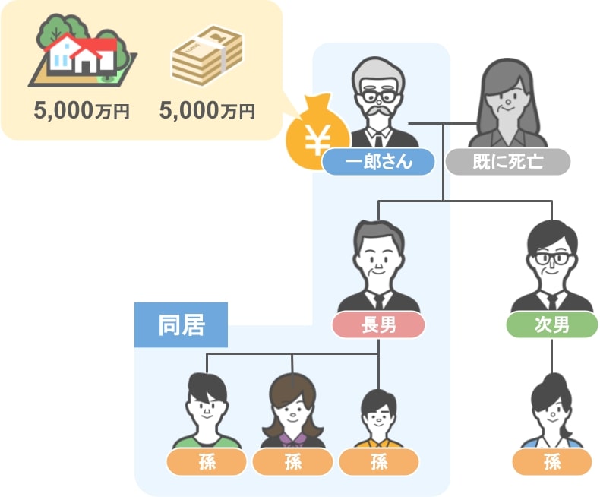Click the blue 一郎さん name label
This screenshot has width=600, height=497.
tap(378, 162)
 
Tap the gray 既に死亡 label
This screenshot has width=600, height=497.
tap(508, 162)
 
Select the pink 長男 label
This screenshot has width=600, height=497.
tap(378, 325)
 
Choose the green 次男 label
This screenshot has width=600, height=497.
tap(552, 325)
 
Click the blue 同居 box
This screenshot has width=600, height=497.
tap(181, 325)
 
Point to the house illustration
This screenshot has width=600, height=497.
tap(82, 52)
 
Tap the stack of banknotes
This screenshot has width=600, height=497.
tap(207, 55)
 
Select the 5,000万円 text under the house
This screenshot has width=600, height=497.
tap(81, 111)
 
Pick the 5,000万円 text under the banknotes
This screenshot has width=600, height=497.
tap(207, 111)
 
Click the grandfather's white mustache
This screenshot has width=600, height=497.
tap(377, 111)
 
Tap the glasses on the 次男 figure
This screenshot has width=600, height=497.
tap(551, 258)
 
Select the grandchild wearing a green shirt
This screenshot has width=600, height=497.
tap(207, 411)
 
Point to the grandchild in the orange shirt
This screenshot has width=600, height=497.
tap(378, 419)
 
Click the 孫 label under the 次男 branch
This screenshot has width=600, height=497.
tap(552, 462)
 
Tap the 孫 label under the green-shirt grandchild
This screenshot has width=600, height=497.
tap(207, 462)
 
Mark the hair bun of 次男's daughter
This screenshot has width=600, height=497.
tap(556, 381)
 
